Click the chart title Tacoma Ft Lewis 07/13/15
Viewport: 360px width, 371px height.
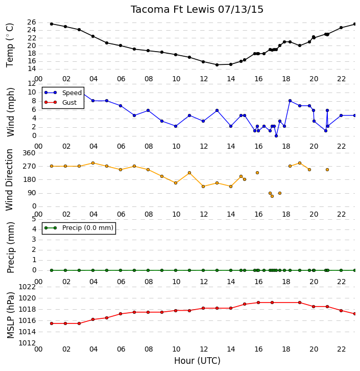click(x=197, y=10)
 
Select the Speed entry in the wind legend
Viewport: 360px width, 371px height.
click(x=63, y=93)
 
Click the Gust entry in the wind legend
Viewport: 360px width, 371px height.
click(x=61, y=102)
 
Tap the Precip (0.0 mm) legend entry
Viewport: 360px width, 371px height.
click(x=79, y=228)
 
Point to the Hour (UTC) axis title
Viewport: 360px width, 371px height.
click(x=197, y=361)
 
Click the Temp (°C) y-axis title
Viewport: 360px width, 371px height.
click(x=10, y=45)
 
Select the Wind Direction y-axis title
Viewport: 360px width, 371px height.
click(x=10, y=180)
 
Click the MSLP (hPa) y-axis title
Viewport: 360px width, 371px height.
click(x=10, y=315)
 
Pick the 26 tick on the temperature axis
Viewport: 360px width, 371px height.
click(x=32, y=22)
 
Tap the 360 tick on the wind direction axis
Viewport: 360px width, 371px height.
click(x=29, y=153)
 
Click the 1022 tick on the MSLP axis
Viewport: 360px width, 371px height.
click(x=27, y=287)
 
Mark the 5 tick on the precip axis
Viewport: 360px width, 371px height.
click(x=34, y=219)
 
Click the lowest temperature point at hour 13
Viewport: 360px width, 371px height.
click(x=217, y=65)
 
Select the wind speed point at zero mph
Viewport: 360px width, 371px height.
click(x=276, y=136)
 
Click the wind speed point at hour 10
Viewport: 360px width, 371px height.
click(x=176, y=126)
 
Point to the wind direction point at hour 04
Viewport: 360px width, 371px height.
click(x=93, y=163)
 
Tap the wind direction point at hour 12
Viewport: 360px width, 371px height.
click(x=203, y=187)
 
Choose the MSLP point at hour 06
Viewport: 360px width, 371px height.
click(x=121, y=314)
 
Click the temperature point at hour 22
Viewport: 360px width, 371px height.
click(x=341, y=28)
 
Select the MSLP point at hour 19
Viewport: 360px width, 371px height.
click(x=300, y=303)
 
